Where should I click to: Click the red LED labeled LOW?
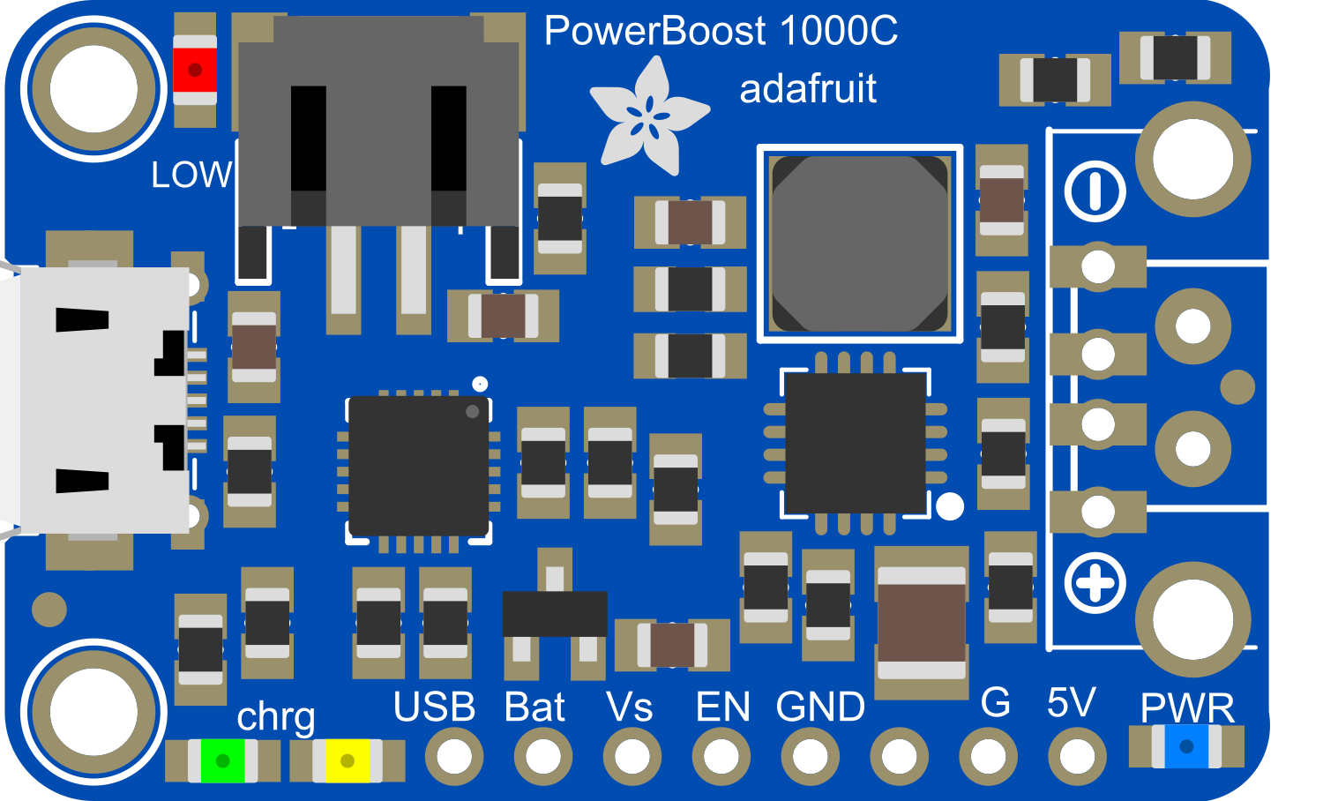(x=195, y=70)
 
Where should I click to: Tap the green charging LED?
(x=222, y=760)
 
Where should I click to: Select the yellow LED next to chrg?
(x=348, y=760)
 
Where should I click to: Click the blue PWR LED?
(x=1186, y=746)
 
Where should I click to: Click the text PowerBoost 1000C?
(x=721, y=32)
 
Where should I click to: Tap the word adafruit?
(x=808, y=89)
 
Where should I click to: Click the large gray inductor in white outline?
(x=860, y=243)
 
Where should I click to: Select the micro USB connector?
(x=97, y=400)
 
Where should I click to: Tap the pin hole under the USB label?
(x=454, y=756)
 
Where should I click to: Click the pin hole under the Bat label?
(x=543, y=756)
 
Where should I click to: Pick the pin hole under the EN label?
(x=721, y=756)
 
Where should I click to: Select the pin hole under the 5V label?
(x=1077, y=756)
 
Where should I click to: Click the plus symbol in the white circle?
(x=1095, y=584)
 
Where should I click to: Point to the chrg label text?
(x=276, y=717)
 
